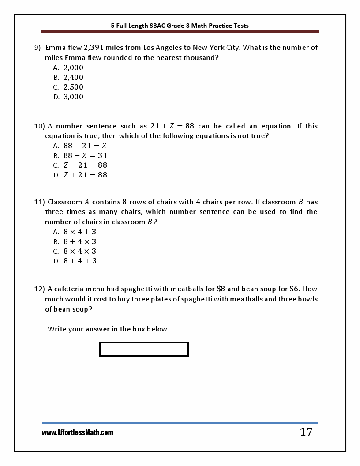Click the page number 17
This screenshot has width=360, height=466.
(306, 432)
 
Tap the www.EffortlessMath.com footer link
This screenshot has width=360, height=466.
(78, 433)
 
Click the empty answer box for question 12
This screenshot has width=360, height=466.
(144, 349)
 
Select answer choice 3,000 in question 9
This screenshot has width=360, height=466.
(73, 97)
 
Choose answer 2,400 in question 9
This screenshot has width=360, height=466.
(73, 77)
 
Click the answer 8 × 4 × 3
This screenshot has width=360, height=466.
(80, 251)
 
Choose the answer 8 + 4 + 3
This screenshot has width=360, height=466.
(80, 261)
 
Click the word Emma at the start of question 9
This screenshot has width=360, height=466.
(55, 47)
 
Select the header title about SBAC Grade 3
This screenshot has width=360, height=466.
(180, 26)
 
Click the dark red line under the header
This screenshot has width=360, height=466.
(180, 32)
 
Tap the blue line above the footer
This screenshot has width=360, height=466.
(180, 423)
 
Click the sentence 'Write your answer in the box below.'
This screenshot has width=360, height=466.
(109, 329)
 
